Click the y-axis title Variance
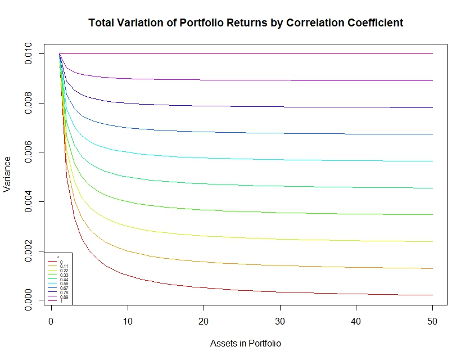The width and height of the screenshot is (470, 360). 8,174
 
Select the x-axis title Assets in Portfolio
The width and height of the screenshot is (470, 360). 245,343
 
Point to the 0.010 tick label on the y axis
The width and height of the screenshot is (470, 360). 29,54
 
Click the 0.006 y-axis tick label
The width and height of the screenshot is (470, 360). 29,152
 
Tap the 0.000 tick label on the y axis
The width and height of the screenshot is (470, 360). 29,300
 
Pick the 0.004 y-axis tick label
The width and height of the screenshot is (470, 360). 29,202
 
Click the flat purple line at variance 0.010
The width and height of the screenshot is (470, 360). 253,54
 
